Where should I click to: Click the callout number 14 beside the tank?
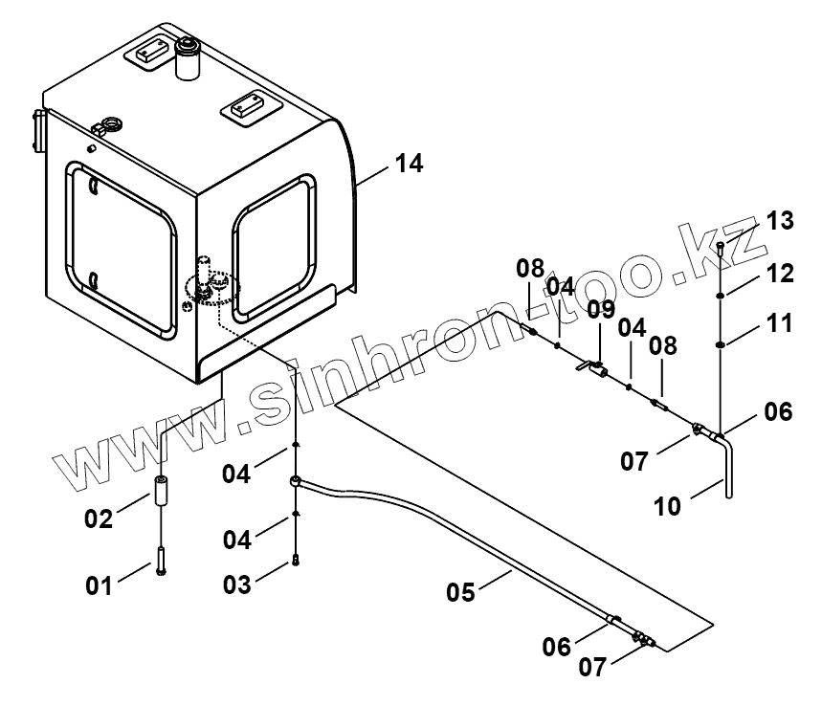408,164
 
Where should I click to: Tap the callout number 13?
780,221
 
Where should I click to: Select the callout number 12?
780,274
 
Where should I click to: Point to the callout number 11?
780,323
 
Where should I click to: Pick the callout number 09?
601,310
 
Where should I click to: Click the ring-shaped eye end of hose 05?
298,482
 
